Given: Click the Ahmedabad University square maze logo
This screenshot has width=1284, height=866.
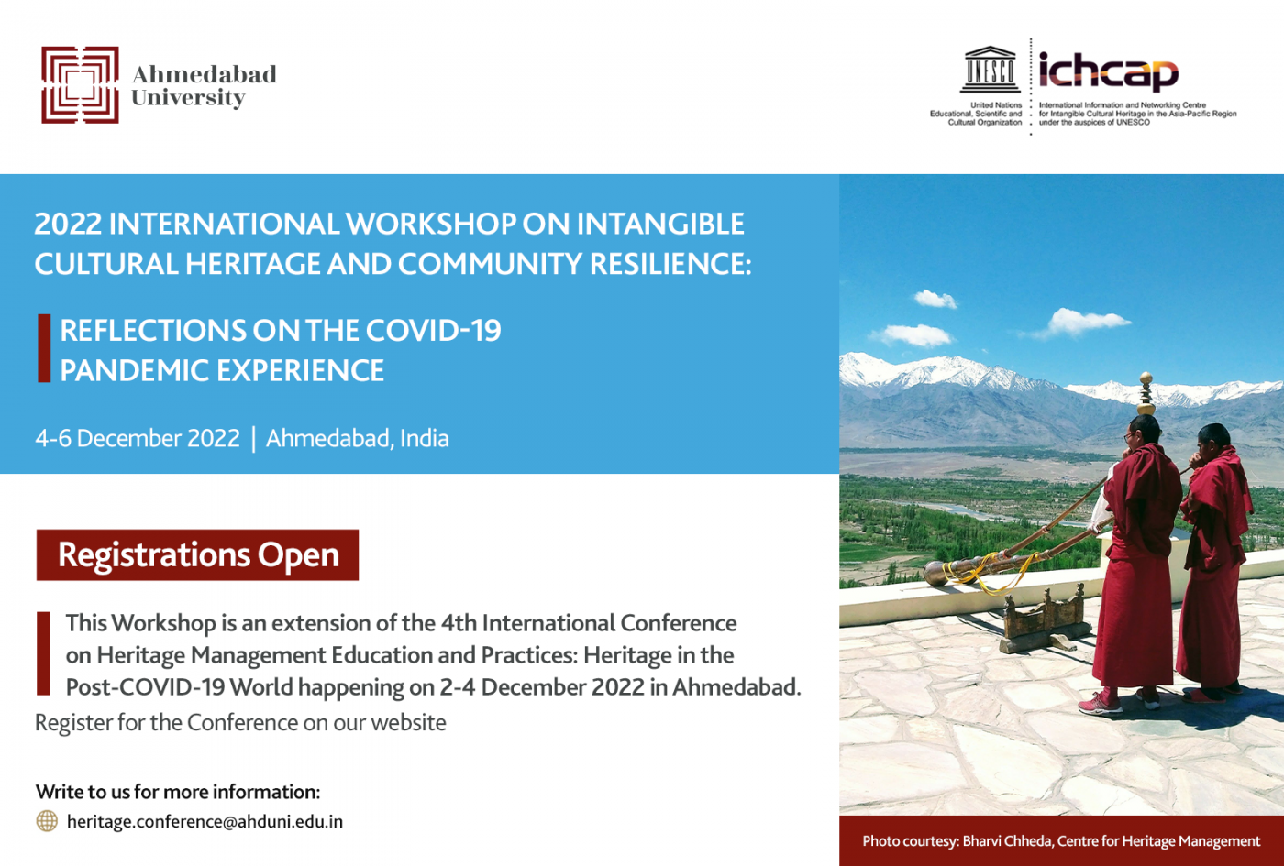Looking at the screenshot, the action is click(x=81, y=84).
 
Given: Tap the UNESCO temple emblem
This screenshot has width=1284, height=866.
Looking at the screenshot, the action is click(x=990, y=70).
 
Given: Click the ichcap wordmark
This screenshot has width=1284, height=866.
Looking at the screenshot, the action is click(x=1109, y=72).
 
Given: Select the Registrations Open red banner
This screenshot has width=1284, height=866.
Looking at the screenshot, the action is click(x=198, y=555).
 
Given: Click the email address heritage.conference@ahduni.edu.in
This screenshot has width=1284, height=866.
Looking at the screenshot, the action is click(x=205, y=821).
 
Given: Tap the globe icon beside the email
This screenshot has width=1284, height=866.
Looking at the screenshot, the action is click(x=47, y=821).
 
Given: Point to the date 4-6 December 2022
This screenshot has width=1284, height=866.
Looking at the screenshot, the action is click(x=138, y=438).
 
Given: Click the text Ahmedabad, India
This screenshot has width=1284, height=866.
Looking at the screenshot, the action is click(x=357, y=438).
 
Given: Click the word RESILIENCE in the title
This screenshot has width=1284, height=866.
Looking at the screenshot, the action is click(x=670, y=264).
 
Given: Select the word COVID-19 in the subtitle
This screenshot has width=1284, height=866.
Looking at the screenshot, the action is click(x=433, y=331).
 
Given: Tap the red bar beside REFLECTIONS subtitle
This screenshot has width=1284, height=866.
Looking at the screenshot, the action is click(x=44, y=348).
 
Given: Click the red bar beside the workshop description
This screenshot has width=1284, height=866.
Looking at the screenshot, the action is click(x=43, y=653).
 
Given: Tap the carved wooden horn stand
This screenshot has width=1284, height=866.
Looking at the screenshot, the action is click(x=1043, y=619).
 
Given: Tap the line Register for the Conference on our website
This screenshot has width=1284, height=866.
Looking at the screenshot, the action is click(x=240, y=723).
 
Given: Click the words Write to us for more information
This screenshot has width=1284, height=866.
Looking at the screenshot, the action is click(x=178, y=792).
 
